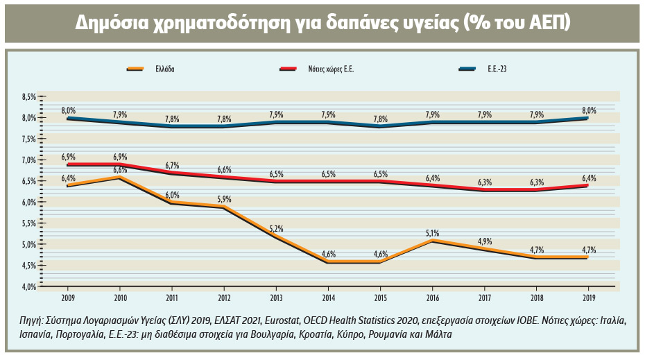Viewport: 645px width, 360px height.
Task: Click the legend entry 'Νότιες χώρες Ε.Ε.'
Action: pyautogui.click(x=332, y=69)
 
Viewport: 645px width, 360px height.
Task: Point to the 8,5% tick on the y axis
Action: pyautogui.click(x=28, y=97)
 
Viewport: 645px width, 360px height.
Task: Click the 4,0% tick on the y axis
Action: pyautogui.click(x=28, y=286)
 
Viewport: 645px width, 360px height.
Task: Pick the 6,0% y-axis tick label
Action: pyautogui.click(x=28, y=203)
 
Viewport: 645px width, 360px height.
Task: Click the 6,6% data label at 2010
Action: pyautogui.click(x=120, y=170)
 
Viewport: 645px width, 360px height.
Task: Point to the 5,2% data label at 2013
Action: pyautogui.click(x=276, y=229)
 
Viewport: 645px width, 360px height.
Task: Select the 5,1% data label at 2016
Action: pyautogui.click(x=432, y=233)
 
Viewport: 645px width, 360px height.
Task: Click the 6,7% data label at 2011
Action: pyautogui.click(x=172, y=165)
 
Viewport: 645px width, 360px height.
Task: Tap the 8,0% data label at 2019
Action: pyautogui.click(x=589, y=110)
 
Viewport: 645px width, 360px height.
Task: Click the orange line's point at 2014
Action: pyautogui.click(x=328, y=262)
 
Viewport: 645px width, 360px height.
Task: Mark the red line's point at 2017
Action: pyautogui.click(x=484, y=189)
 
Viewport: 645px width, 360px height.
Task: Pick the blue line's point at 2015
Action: pyautogui.click(x=380, y=126)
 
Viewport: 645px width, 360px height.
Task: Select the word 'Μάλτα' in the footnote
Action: pyautogui.click(x=437, y=334)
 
